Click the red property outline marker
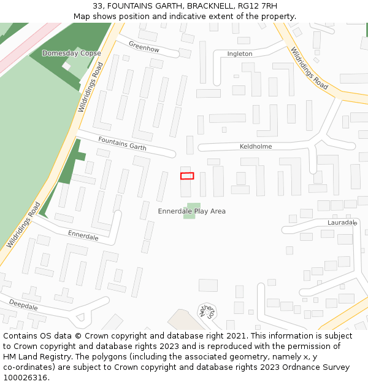point(187,176)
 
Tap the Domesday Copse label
point(72,53)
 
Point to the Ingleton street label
point(239,54)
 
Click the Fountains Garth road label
point(122,144)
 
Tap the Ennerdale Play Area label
point(191,211)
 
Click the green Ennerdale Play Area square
point(192,211)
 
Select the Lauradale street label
point(342,222)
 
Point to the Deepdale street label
point(23,305)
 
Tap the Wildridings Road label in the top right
point(309,68)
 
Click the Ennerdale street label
point(83,236)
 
